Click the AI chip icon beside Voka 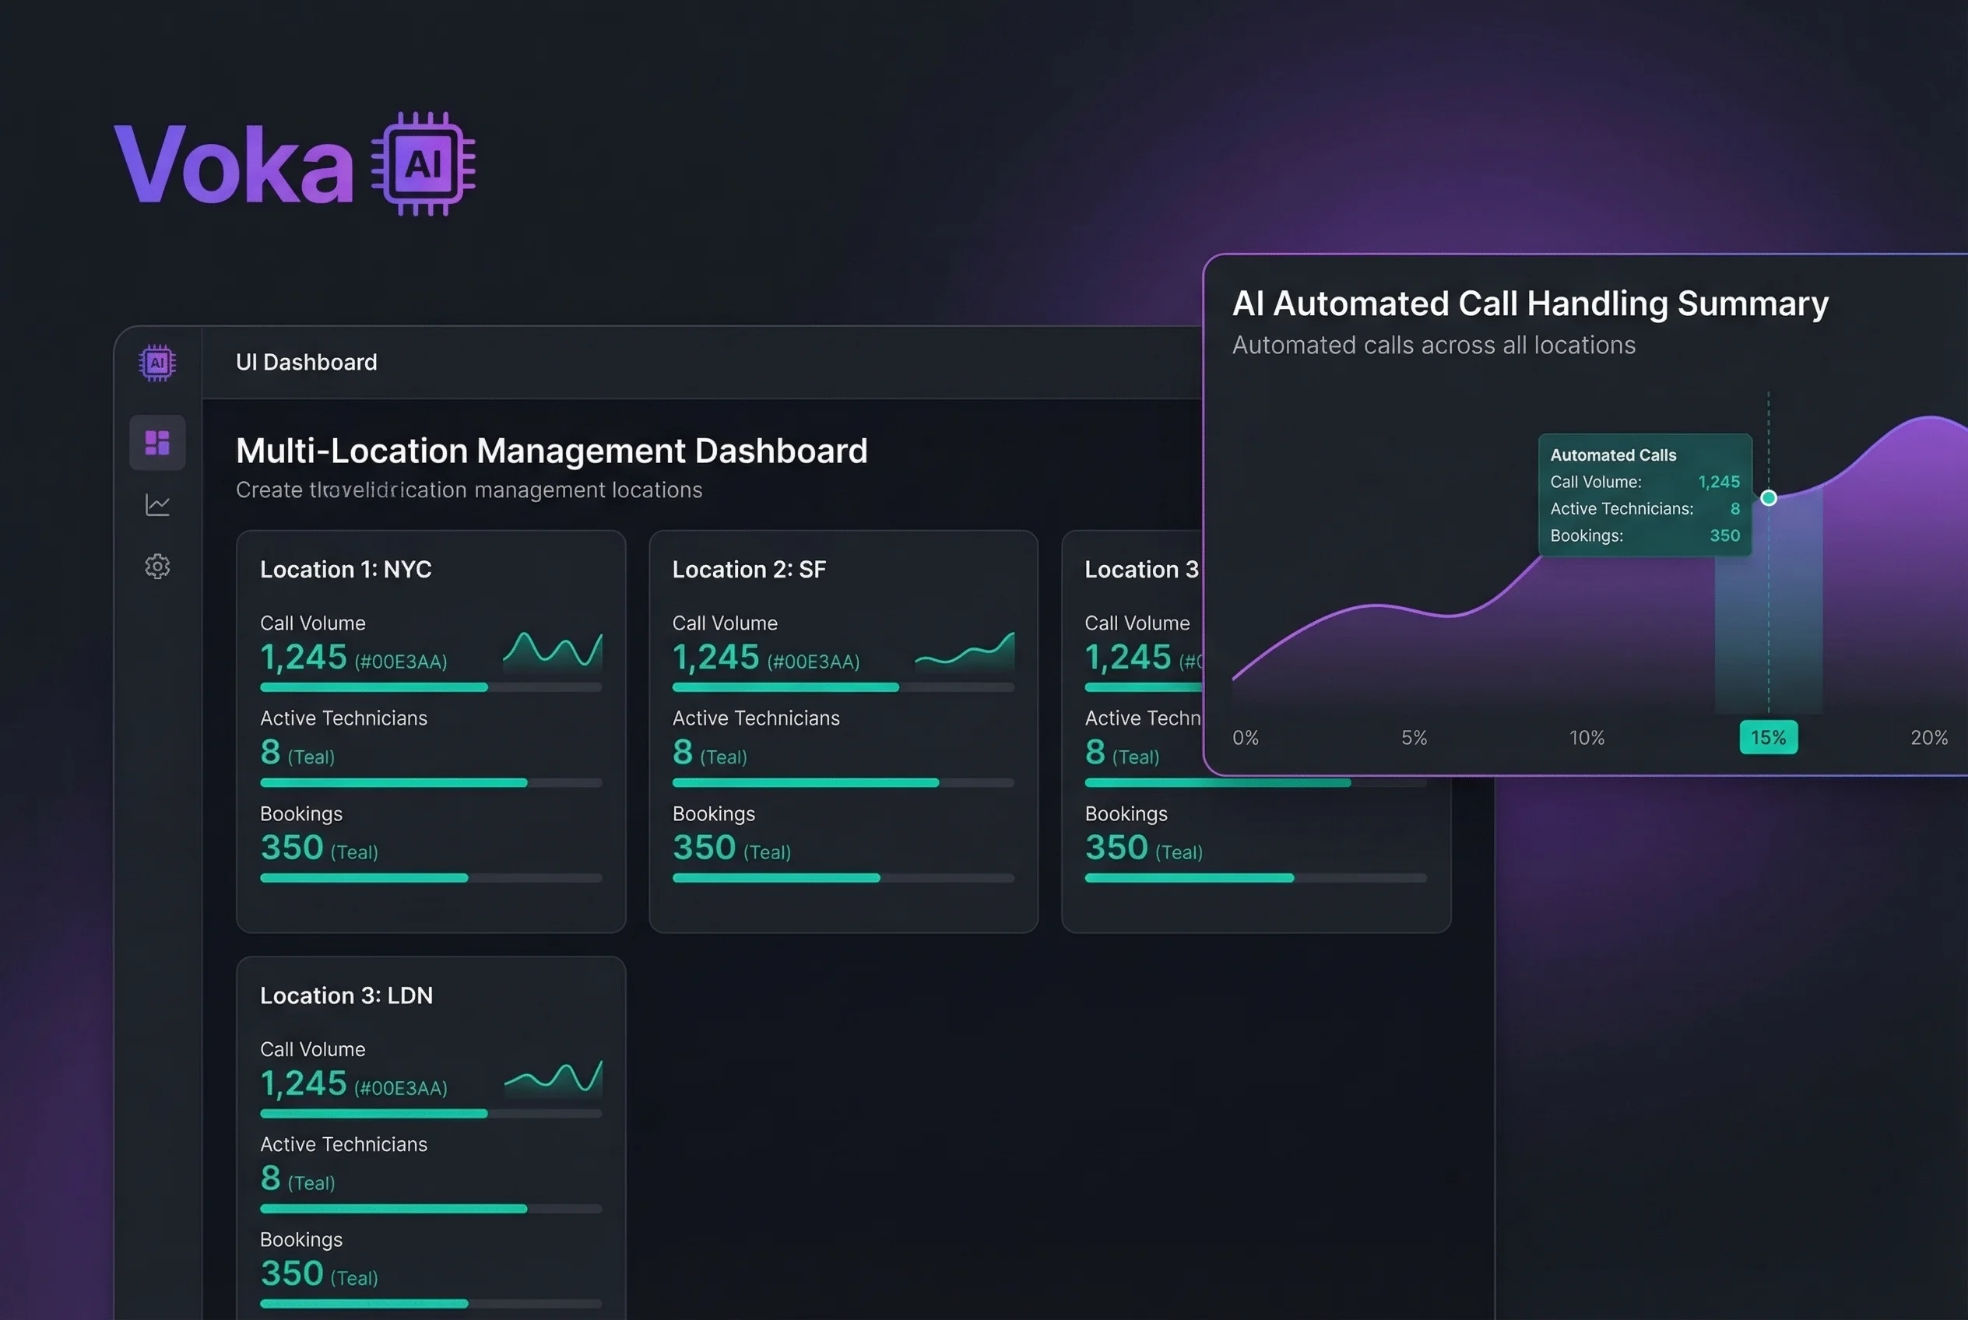tap(423, 165)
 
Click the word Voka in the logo tap(234, 165)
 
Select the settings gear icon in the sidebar tap(157, 567)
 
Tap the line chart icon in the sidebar tap(157, 505)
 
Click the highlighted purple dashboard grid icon tap(157, 442)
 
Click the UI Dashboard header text tap(306, 362)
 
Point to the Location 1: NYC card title tap(346, 570)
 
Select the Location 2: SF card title tap(749, 570)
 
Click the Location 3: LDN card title tap(346, 996)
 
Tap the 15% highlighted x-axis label tap(1768, 738)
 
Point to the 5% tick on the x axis tap(1414, 739)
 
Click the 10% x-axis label tap(1587, 739)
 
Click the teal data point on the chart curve tap(1769, 498)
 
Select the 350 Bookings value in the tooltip tap(1724, 535)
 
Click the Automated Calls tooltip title tap(1613, 455)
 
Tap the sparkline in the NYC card tap(553, 650)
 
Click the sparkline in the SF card tap(965, 651)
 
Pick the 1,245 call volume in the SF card tap(715, 658)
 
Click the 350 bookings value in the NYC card tap(291, 848)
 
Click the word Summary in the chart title tap(1752, 304)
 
